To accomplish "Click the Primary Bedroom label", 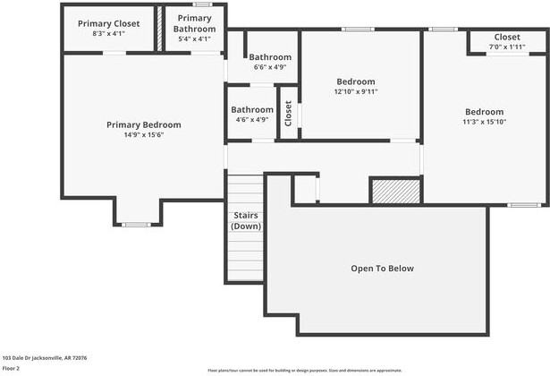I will click(143, 124).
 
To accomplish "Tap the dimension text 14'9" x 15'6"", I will click(143, 135).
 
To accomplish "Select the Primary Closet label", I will click(108, 23).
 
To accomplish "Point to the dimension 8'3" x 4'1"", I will click(108, 34).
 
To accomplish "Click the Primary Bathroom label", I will click(194, 23).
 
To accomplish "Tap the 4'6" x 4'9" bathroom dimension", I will click(251, 119).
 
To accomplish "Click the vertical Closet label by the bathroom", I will click(288, 113).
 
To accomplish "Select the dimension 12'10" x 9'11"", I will click(356, 90).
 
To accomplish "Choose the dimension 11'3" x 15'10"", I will click(484, 122).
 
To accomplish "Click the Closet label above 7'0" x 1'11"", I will click(506, 38).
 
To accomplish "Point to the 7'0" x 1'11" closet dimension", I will click(506, 47).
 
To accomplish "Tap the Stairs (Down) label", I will click(245, 220).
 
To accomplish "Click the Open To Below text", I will click(382, 269).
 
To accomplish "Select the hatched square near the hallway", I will click(395, 191).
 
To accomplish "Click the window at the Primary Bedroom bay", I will click(137, 224).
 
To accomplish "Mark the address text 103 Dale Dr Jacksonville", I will click(44, 357).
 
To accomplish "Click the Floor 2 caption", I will click(12, 368).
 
